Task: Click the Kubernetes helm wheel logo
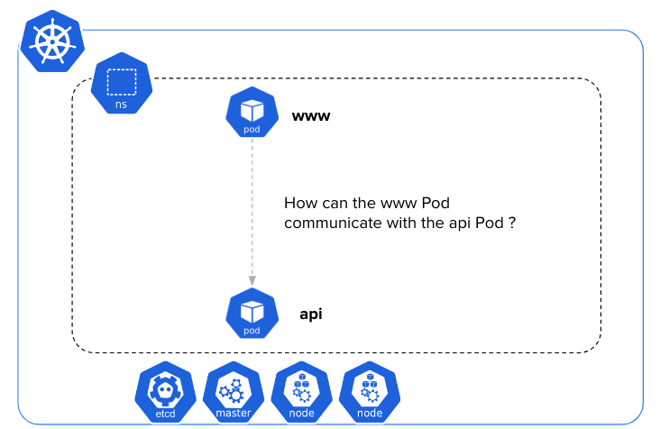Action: click(51, 42)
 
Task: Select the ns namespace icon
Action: click(121, 87)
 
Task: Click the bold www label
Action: click(311, 116)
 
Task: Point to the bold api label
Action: click(311, 315)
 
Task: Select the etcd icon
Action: click(165, 394)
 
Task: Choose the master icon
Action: click(234, 394)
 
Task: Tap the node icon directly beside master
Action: click(302, 394)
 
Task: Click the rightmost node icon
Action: click(370, 394)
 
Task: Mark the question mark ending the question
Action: click(511, 223)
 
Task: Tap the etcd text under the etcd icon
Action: click(165, 414)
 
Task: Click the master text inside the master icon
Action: click(234, 414)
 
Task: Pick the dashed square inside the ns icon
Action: click(121, 81)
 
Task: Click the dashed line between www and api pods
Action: click(252, 207)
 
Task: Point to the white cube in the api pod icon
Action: click(252, 310)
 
